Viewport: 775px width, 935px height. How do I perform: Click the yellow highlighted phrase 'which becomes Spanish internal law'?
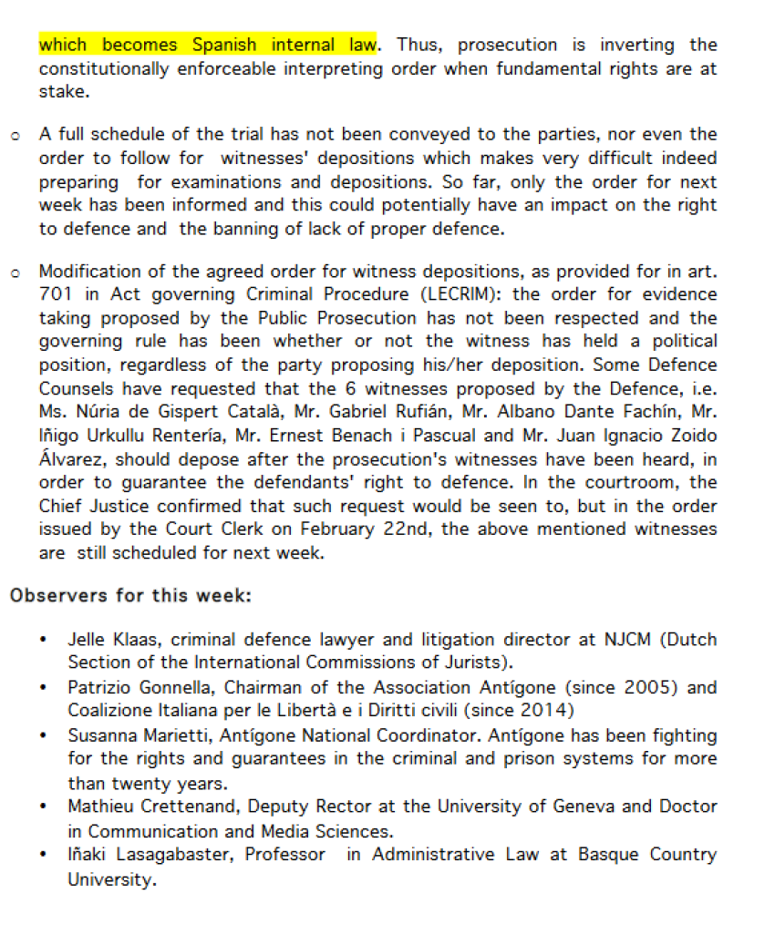coord(208,45)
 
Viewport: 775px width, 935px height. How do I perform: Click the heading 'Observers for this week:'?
coord(130,596)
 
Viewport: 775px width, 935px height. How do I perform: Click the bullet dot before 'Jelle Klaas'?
coord(45,640)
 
